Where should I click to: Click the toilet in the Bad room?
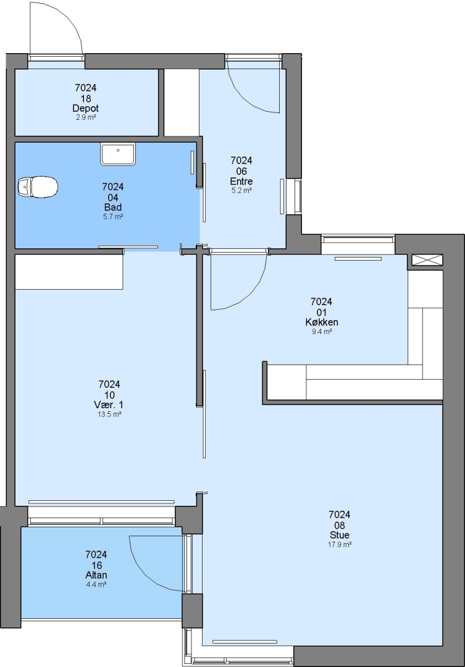38,187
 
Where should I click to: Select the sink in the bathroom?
118,154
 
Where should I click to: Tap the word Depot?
85,109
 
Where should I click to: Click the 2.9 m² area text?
85,117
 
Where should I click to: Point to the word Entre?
241,181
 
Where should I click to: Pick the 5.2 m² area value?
241,191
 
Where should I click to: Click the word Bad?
113,207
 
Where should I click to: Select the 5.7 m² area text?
113,217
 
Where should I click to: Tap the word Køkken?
321,322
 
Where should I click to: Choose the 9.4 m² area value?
322,332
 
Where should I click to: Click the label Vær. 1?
109,405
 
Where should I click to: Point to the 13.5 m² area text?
109,414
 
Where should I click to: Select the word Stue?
340,535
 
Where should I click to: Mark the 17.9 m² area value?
340,545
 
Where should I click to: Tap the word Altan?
96,575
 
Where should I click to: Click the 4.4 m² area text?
96,584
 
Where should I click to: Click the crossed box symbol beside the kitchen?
427,261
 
